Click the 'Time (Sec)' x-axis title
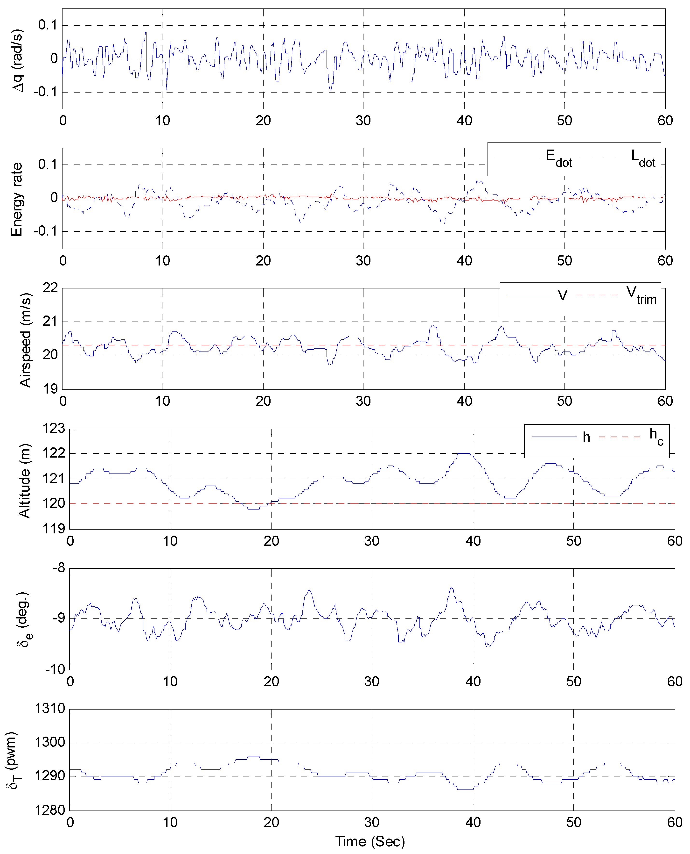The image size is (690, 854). (370, 841)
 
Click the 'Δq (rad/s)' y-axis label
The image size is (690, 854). (17, 60)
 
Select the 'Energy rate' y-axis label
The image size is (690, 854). (16, 199)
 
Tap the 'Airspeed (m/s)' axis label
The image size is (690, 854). (25, 340)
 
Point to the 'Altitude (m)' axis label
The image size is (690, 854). (25, 481)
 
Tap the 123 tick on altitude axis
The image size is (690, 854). (54, 428)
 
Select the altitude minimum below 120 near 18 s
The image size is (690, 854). (253, 509)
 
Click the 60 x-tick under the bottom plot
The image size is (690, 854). (675, 822)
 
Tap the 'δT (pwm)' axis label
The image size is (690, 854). (12, 760)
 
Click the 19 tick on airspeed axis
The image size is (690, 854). (50, 389)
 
